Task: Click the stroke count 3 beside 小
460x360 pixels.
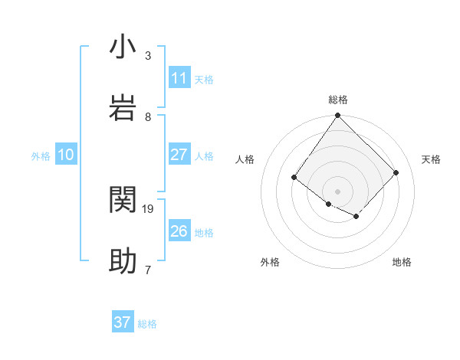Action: [148, 56]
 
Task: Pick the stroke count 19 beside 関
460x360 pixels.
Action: [149, 208]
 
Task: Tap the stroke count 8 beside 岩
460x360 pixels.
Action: [148, 116]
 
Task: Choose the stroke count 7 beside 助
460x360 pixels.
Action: [148, 270]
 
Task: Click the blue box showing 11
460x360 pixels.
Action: [179, 78]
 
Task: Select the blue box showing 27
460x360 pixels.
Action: [179, 155]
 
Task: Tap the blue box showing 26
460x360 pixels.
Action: [179, 231]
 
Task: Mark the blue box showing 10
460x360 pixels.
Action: [66, 155]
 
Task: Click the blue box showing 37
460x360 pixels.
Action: [123, 322]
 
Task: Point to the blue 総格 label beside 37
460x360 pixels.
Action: [147, 324]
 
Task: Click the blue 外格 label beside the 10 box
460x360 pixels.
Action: [41, 156]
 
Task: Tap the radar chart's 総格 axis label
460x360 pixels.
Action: [338, 100]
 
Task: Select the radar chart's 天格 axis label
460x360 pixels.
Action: [432, 159]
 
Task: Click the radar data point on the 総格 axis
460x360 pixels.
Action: [338, 116]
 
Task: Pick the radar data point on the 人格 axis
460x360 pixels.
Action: [294, 178]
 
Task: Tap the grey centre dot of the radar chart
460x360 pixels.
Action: [338, 191]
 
